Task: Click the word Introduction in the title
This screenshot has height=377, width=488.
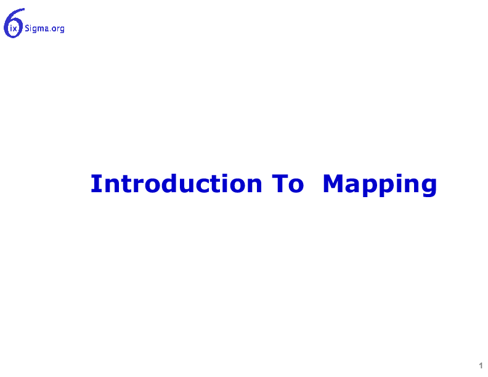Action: click(176, 184)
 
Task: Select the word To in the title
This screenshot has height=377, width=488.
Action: click(288, 184)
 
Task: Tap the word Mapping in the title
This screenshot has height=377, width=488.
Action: click(380, 185)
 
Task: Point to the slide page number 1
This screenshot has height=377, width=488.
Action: click(481, 365)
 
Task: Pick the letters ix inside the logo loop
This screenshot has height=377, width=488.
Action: click(14, 29)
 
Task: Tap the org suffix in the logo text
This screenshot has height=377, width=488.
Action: click(59, 29)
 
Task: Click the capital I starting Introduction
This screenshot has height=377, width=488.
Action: click(94, 184)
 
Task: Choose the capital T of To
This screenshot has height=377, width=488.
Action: click(279, 184)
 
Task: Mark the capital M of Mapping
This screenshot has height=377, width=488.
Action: click(333, 184)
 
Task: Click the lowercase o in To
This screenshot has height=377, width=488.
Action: click(296, 185)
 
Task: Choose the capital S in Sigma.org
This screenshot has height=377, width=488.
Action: click(27, 28)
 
